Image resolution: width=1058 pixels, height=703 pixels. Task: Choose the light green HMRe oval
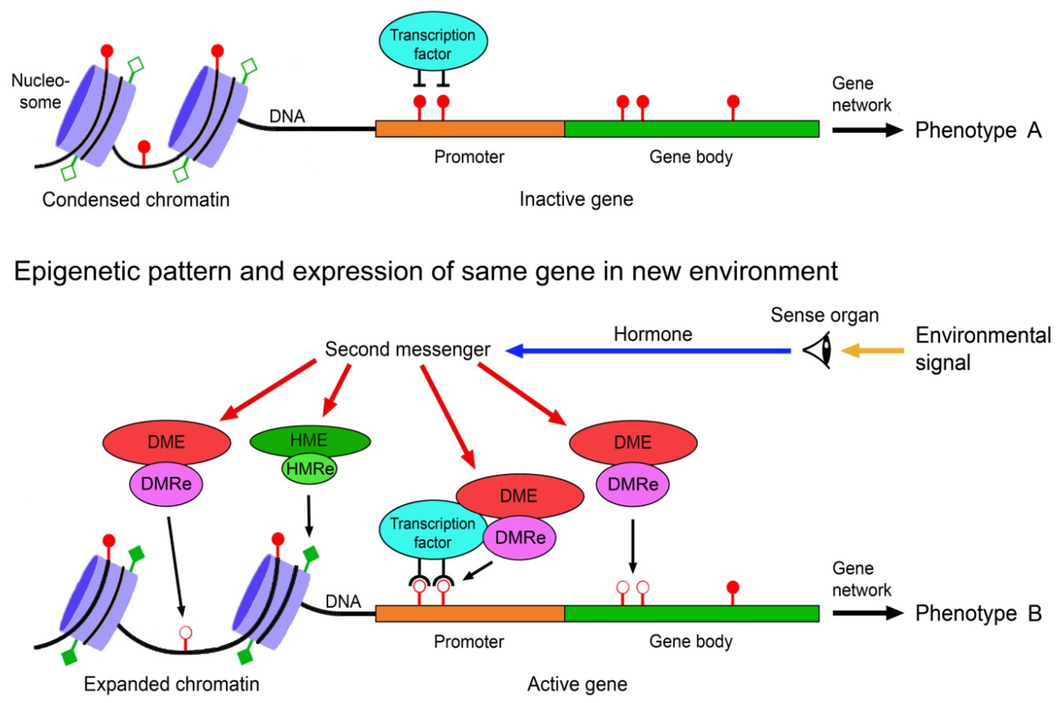tap(309, 469)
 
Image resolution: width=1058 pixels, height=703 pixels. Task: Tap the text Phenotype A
tap(978, 131)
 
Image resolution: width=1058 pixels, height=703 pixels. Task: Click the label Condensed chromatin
tap(136, 199)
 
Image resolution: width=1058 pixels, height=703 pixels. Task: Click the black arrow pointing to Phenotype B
tap(867, 613)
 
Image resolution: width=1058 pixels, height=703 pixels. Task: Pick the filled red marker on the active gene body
tap(733, 587)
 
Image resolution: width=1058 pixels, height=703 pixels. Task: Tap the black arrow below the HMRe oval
tap(309, 516)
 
